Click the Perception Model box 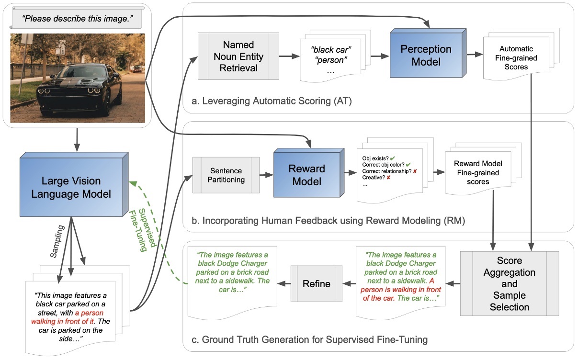point(419,56)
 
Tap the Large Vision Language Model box point(70,187)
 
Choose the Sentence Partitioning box point(226,175)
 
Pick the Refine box point(316,283)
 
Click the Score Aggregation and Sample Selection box point(509,283)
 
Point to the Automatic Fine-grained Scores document point(518,58)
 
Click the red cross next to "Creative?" point(388,178)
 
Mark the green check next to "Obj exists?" point(392,157)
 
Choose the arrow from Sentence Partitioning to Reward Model point(266,175)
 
